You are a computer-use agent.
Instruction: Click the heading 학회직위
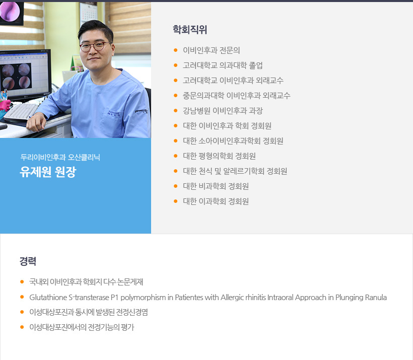(x=190, y=30)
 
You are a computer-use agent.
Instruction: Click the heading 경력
(x=28, y=261)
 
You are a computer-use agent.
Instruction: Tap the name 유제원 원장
(x=48, y=172)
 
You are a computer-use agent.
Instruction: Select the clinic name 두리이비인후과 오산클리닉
(x=60, y=157)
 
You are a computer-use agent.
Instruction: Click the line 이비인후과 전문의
(x=211, y=50)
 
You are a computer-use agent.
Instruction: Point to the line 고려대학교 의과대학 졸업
(x=223, y=65)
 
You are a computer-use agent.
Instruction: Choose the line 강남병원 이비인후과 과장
(x=223, y=111)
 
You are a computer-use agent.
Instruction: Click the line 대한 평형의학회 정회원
(x=219, y=156)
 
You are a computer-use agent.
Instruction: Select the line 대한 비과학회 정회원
(x=216, y=186)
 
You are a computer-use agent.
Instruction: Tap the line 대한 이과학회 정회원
(x=216, y=201)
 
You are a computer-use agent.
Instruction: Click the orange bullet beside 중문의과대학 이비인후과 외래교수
(x=176, y=95)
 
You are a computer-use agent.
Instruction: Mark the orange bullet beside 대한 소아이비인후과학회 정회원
(x=176, y=141)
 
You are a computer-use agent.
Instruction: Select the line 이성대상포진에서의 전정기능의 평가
(x=82, y=327)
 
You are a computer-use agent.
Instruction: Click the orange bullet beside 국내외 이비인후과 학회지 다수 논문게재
(x=22, y=282)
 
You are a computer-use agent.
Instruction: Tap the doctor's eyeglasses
(x=95, y=46)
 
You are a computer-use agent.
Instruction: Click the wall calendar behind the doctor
(x=88, y=12)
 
